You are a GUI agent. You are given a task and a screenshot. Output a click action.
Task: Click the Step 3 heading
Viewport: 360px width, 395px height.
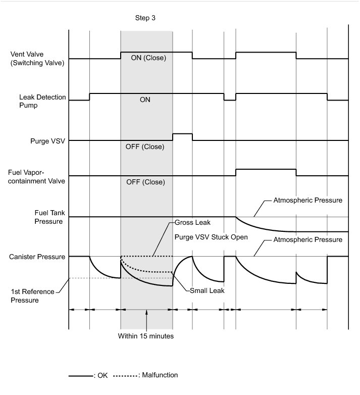tap(146, 18)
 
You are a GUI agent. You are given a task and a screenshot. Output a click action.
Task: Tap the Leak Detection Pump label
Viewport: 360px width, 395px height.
tap(42, 101)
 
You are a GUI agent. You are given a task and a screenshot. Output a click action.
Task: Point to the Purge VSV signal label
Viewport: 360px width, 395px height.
tap(48, 140)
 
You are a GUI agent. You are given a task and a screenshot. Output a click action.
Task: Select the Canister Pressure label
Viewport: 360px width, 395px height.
tap(37, 257)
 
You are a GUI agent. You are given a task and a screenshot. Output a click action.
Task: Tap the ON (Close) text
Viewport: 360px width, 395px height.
tap(148, 58)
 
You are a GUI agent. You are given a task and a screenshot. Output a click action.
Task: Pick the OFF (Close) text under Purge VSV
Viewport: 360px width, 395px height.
tap(145, 147)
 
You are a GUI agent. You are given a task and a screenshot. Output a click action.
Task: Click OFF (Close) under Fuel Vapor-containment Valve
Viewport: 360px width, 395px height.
tap(145, 182)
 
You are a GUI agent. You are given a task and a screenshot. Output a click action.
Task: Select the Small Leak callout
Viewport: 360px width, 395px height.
tap(207, 290)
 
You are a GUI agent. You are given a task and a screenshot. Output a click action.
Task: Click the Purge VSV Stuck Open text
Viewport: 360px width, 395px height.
tap(211, 236)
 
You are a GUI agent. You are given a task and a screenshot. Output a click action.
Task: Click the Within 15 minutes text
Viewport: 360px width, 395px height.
tap(146, 336)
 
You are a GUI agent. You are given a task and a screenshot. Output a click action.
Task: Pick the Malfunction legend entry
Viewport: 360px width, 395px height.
tap(158, 375)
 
